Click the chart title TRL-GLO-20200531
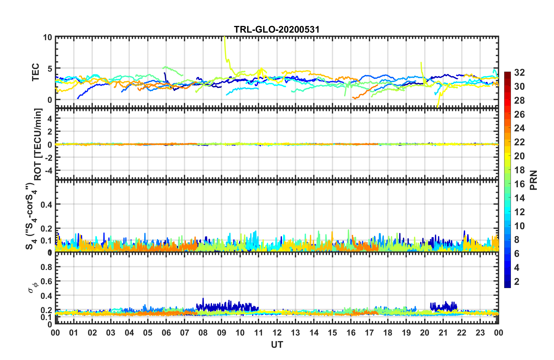[277, 29]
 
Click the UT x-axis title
[277, 345]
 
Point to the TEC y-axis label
[35, 72]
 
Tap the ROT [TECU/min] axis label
[38, 144]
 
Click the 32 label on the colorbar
[519, 73]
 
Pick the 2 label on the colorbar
[517, 281]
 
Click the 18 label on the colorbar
[519, 170]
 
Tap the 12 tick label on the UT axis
[277, 333]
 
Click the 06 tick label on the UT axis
[166, 333]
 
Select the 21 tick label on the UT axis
[443, 333]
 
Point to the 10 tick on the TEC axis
[47, 37]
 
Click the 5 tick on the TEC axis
[50, 68]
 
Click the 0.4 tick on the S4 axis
[46, 204]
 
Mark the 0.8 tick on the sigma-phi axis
[46, 267]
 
